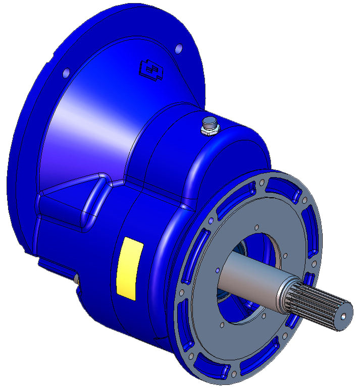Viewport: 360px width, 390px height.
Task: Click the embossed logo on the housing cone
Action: [150, 70]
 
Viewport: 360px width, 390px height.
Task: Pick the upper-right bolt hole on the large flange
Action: [178, 48]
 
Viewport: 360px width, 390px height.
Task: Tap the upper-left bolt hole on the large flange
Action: [66, 74]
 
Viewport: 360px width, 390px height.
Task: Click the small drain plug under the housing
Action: [76, 278]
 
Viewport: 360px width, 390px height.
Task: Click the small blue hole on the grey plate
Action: [217, 271]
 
